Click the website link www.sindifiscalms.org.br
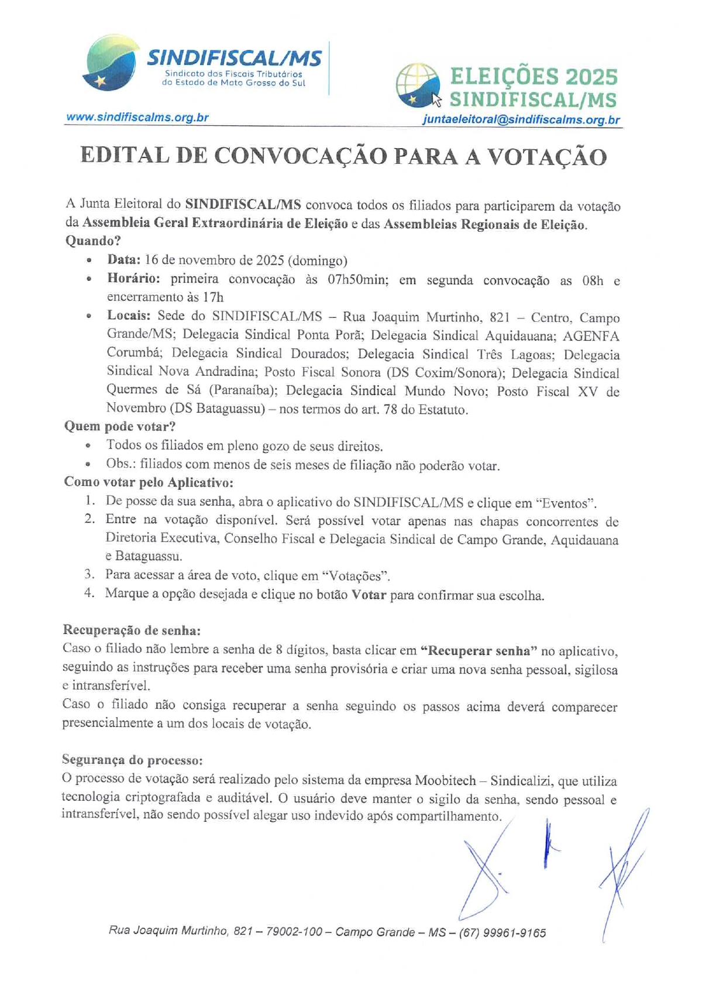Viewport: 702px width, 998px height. click(x=137, y=117)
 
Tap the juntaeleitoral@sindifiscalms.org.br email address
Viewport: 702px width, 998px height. click(x=521, y=120)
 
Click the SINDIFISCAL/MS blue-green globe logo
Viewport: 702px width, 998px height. click(x=111, y=64)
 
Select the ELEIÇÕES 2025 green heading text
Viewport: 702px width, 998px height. click(x=534, y=77)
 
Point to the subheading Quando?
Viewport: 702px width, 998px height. click(x=93, y=241)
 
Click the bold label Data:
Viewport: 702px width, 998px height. click(x=123, y=260)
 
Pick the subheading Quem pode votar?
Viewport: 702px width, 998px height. click(x=120, y=426)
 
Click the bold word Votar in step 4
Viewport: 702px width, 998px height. click(x=369, y=595)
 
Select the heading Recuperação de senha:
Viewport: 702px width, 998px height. click(x=132, y=630)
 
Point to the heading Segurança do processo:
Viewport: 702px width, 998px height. click(x=133, y=760)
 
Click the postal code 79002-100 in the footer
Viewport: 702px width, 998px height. click(x=294, y=931)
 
